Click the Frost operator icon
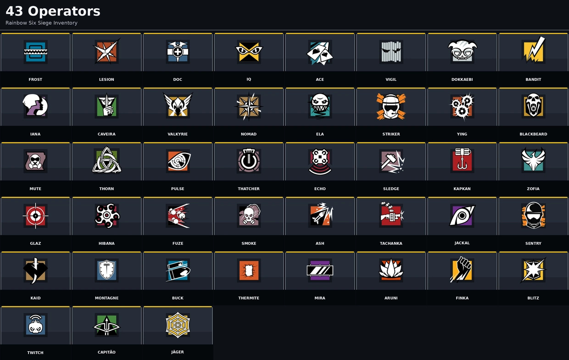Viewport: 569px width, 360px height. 36,52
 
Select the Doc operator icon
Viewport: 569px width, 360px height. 178,52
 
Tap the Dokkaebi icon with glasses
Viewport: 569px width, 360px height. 462,51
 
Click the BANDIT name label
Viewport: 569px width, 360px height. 533,79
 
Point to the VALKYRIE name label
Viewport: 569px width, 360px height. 178,134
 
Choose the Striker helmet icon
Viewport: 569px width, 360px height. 391,107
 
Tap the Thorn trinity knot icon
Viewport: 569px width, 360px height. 106,160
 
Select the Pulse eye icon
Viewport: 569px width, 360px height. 179,161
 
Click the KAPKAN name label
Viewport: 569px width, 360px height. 462,189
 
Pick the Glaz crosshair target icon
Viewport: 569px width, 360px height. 36,216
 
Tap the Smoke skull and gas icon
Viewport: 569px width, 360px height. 249,215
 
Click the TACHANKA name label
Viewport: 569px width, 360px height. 391,243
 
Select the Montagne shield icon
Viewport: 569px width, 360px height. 106,270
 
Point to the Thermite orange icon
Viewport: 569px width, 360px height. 249,270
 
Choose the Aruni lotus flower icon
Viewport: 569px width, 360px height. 391,270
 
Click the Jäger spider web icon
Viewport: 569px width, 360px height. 178,325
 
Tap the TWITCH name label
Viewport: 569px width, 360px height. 35,353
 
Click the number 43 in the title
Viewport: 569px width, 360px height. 14,11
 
